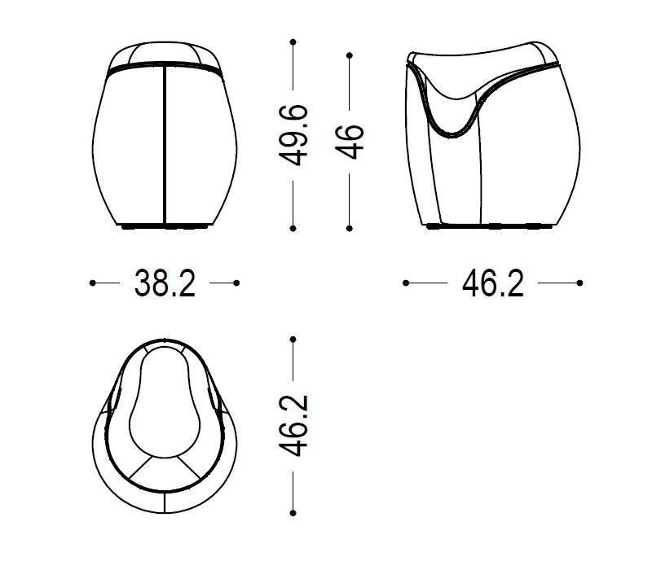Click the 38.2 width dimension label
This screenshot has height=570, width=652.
[165, 283]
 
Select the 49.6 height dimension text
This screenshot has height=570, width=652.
[293, 135]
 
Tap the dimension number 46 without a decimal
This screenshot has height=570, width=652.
[350, 141]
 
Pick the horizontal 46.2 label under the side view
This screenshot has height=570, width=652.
[493, 283]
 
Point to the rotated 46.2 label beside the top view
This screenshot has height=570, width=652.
[293, 426]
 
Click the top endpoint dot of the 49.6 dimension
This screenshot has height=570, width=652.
[293, 42]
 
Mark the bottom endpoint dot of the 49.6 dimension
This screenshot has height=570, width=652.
[293, 229]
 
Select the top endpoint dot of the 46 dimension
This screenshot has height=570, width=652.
[350, 55]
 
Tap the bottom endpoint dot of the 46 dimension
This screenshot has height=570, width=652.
[350, 229]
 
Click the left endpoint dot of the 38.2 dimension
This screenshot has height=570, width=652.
[92, 283]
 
